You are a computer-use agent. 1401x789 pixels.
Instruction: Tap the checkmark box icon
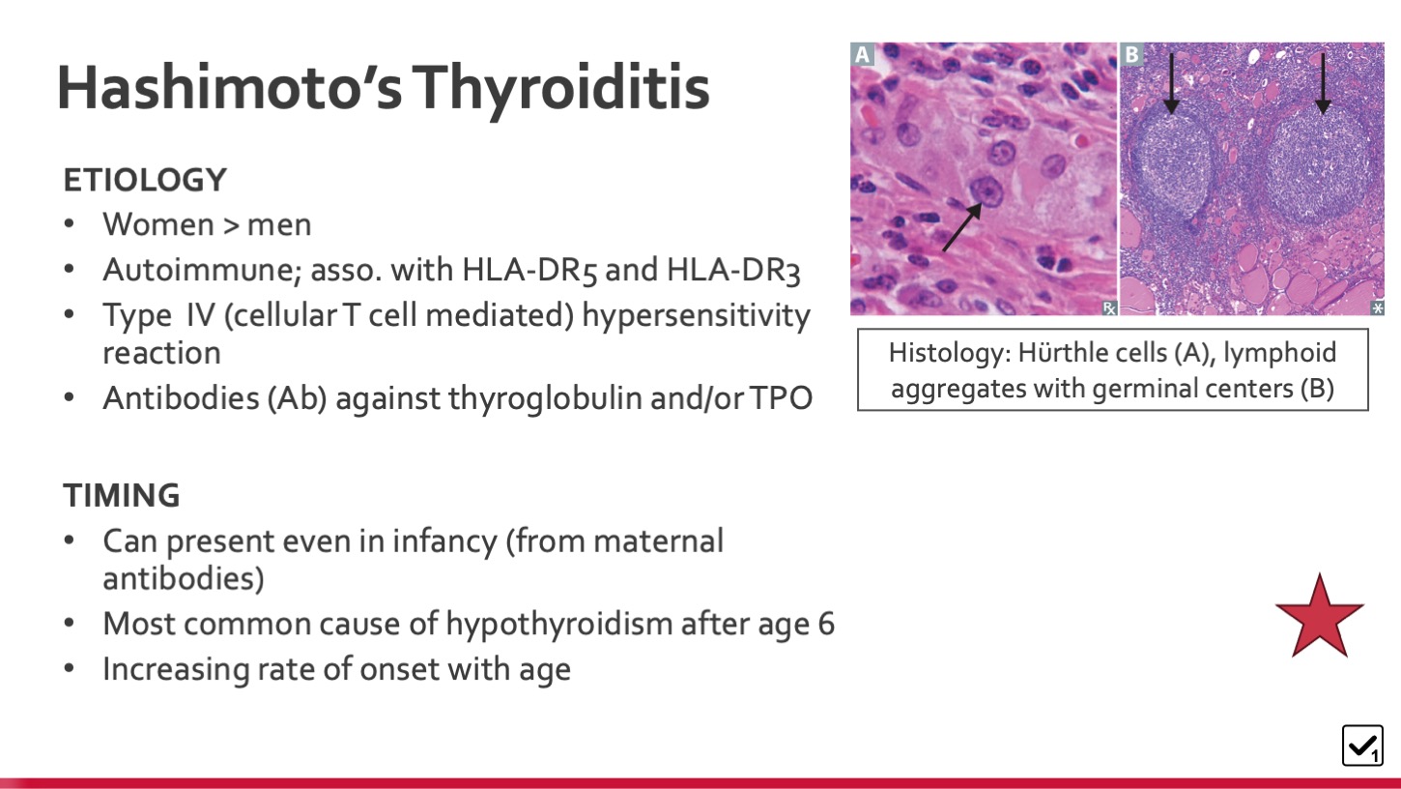pos(1362,745)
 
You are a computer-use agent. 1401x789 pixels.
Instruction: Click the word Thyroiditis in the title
pos(560,89)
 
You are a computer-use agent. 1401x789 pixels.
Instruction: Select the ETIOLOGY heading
pos(145,180)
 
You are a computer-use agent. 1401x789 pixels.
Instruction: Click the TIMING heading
pos(122,496)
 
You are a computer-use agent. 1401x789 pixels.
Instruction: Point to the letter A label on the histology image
pos(863,54)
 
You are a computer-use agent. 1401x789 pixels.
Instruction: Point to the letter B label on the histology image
pos(1131,54)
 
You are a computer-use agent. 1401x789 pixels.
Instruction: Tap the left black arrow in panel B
pos(1171,83)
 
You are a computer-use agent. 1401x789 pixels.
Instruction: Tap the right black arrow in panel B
pos(1323,83)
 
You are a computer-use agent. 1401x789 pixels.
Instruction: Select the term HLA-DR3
pos(733,271)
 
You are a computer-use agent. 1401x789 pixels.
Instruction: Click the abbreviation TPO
pos(782,398)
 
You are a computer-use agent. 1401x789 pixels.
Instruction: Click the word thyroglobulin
pos(545,398)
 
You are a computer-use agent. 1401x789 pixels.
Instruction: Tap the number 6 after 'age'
pos(826,625)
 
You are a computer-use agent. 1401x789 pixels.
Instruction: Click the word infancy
pos(444,541)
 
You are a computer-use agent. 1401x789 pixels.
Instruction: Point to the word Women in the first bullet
pos(158,224)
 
